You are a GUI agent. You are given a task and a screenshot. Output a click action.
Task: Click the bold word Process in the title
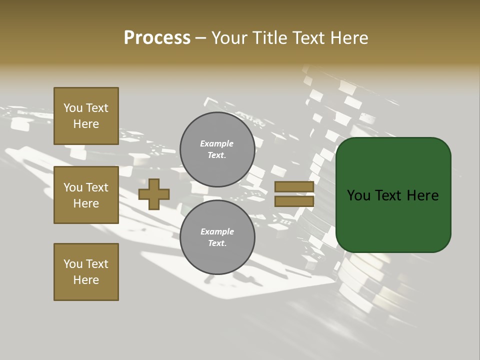click(x=157, y=37)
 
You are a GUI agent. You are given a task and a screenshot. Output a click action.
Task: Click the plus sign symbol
click(x=153, y=194)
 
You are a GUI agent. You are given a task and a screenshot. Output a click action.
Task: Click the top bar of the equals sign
click(x=294, y=186)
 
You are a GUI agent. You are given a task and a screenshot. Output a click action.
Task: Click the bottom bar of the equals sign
click(x=294, y=201)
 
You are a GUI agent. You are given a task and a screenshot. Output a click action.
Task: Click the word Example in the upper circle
click(x=216, y=143)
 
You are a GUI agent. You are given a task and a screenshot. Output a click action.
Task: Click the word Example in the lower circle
click(x=217, y=231)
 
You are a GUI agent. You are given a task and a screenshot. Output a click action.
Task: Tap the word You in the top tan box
click(x=72, y=108)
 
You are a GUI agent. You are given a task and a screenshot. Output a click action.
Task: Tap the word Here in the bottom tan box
click(x=86, y=280)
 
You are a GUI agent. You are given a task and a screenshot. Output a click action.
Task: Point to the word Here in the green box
click(x=422, y=195)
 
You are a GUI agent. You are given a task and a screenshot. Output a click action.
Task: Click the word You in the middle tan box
click(x=72, y=187)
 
